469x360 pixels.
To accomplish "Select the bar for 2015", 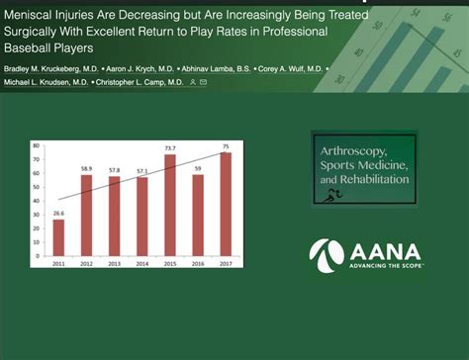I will click(x=169, y=210).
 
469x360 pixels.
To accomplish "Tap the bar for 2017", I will click(x=226, y=209).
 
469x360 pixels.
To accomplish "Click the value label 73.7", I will click(x=169, y=149).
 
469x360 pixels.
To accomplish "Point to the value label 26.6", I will click(x=58, y=213).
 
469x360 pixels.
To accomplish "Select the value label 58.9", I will click(x=86, y=170).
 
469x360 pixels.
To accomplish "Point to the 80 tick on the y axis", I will click(x=36, y=146).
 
